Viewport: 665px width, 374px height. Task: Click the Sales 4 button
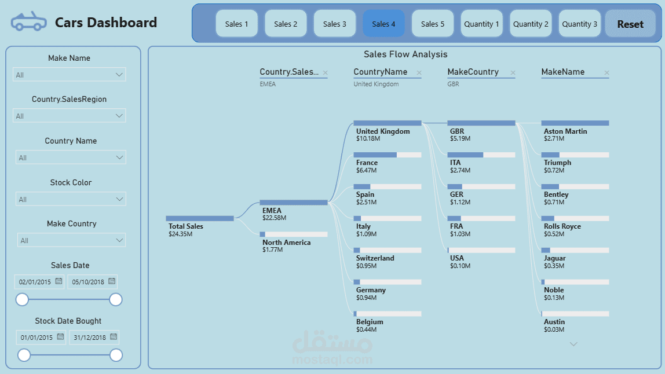point(383,24)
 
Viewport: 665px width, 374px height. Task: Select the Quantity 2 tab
point(531,24)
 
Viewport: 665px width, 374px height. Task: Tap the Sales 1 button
point(237,24)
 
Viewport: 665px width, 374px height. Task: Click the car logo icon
point(29,21)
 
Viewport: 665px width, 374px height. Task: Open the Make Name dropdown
point(69,75)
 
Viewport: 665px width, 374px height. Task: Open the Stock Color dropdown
point(71,199)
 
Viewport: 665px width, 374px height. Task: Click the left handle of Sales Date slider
point(22,299)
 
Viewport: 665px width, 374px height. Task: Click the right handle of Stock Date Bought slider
point(116,355)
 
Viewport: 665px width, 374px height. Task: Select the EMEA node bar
point(294,202)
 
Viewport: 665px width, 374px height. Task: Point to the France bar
point(387,155)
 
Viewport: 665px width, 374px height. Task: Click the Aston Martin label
point(565,131)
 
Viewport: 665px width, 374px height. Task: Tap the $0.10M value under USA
point(460,266)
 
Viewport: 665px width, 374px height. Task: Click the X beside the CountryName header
point(419,73)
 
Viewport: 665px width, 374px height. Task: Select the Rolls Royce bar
point(575,218)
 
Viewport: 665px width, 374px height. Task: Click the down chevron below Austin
point(573,344)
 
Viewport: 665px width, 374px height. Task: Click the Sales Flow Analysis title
point(405,54)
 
